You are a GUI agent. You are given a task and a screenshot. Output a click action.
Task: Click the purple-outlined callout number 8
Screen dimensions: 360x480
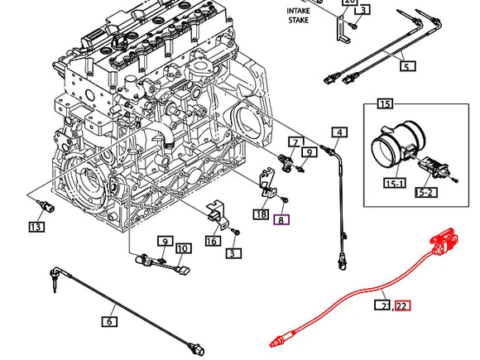click(282, 220)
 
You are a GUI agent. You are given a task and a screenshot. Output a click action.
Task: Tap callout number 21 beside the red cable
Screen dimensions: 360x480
click(385, 305)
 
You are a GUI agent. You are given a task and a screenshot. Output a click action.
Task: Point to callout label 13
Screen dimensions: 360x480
click(35, 227)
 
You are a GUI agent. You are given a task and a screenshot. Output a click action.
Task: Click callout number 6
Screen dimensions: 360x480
click(109, 321)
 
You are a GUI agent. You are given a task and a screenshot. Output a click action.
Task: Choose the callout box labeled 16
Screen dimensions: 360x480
click(211, 241)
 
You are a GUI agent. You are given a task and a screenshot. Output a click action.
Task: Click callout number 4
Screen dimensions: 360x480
click(339, 132)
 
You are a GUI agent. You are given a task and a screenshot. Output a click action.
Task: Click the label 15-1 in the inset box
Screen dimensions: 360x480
click(393, 182)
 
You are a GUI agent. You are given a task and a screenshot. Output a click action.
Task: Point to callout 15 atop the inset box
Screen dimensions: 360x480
click(385, 103)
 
